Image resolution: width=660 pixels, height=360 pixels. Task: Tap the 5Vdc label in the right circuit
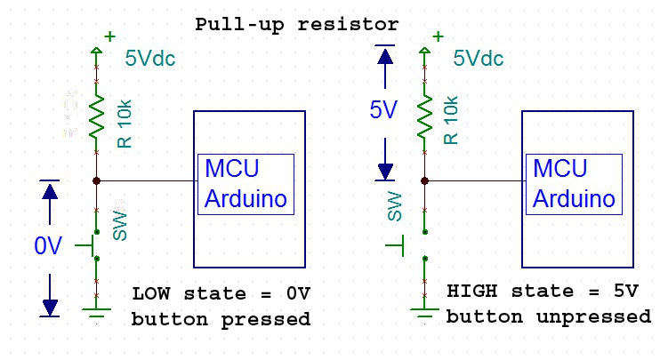pos(479,60)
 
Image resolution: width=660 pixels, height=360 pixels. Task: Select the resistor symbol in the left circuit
pos(96,116)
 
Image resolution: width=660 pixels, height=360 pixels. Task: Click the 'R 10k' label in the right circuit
pos(451,121)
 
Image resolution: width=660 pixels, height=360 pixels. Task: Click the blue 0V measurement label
pos(49,246)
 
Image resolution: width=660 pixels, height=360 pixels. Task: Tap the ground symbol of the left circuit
pos(96,311)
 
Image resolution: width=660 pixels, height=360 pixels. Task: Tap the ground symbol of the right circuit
pos(424,311)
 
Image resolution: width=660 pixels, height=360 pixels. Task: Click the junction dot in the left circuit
pos(96,180)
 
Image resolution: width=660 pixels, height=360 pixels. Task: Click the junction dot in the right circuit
pos(424,180)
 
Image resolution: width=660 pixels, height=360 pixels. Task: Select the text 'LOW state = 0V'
pos(222,293)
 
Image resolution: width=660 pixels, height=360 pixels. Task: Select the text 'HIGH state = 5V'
pos(543,292)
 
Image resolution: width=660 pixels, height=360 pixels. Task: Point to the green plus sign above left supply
pos(109,36)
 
